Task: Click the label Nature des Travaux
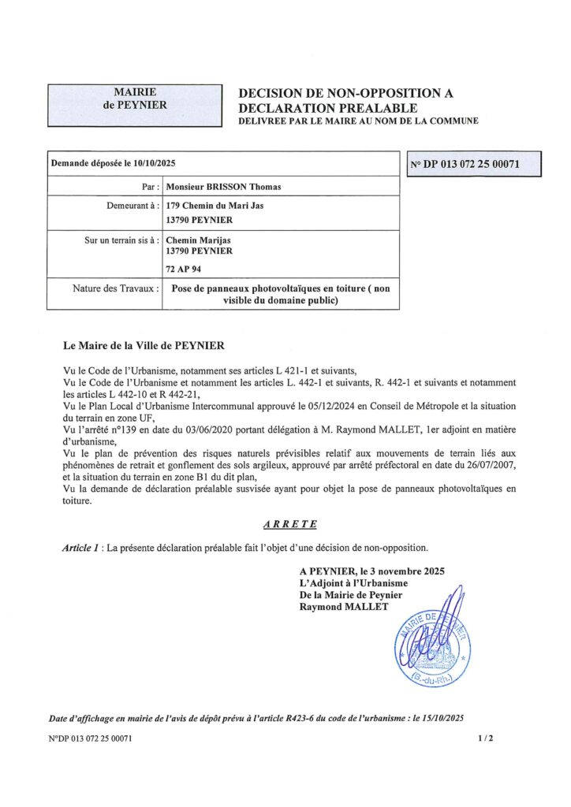tap(116, 288)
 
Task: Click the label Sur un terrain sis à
tap(122, 239)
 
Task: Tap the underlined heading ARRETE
tap(290, 523)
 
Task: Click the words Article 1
tap(82, 547)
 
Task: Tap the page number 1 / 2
tap(484, 738)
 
